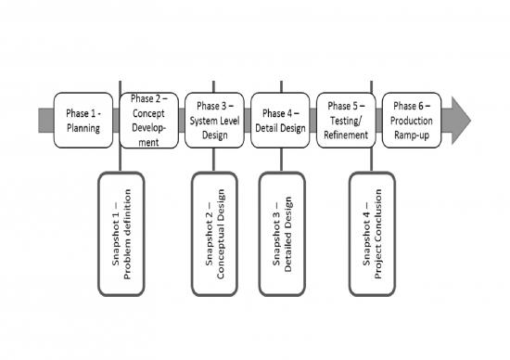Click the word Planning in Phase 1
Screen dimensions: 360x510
83,128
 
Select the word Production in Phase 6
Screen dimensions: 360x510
411,121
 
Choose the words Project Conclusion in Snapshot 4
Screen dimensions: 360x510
379,234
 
